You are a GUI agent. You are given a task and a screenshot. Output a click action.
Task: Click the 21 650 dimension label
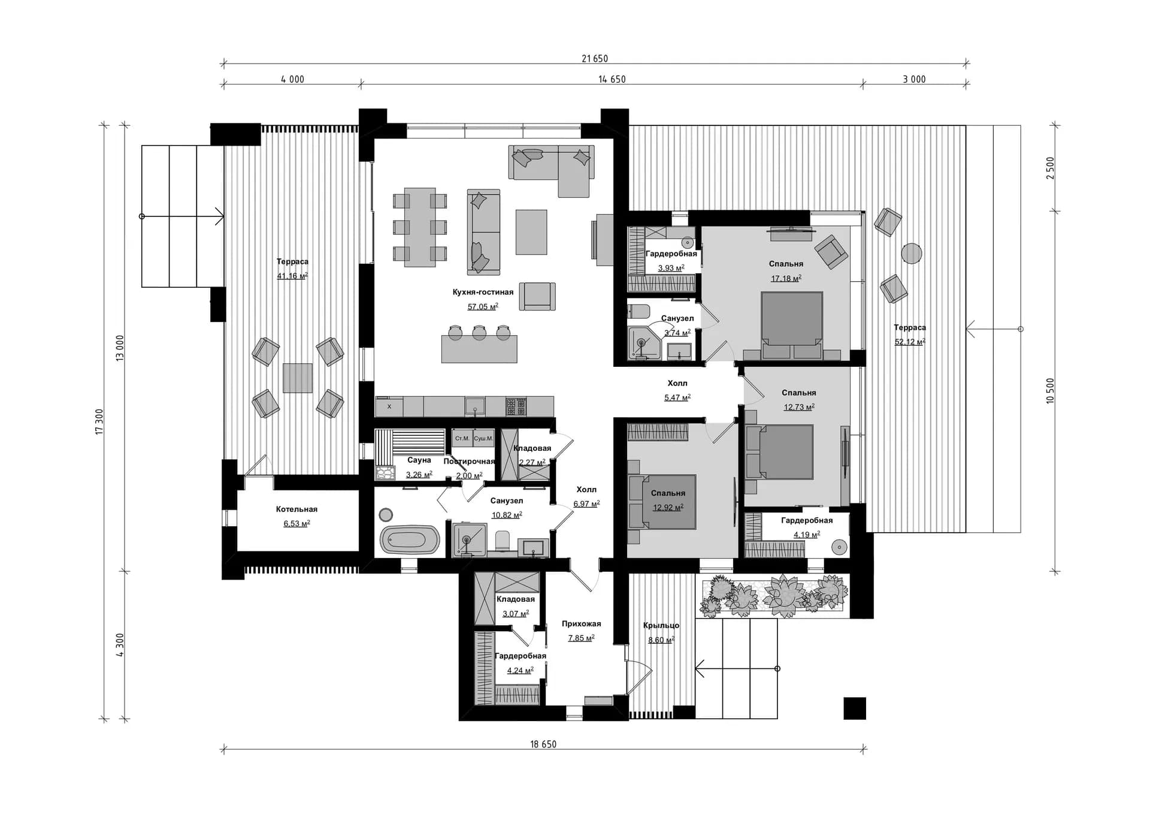(x=594, y=59)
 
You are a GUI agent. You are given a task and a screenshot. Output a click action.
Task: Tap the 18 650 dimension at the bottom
(x=543, y=744)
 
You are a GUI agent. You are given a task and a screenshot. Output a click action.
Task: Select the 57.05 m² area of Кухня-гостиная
(x=482, y=307)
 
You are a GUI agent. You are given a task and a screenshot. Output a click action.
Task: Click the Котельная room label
(x=296, y=509)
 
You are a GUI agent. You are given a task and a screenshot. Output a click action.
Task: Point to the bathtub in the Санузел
(x=410, y=539)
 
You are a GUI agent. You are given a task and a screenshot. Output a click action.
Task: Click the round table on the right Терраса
(x=912, y=254)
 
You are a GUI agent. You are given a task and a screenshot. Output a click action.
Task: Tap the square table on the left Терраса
(x=298, y=378)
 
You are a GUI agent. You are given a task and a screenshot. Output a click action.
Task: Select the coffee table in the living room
(x=531, y=232)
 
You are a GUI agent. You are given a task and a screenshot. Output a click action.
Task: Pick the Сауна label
(x=419, y=460)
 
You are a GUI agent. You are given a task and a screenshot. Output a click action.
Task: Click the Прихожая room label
(x=581, y=624)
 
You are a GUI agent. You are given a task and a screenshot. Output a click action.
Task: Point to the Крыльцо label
(x=661, y=626)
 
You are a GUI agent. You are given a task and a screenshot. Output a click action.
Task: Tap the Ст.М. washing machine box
(x=462, y=438)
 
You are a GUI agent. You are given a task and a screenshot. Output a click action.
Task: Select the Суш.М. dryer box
(x=483, y=438)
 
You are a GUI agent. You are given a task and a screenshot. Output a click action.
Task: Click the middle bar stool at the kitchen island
(x=479, y=333)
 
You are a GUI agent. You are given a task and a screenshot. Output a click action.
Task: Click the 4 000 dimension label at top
(x=292, y=79)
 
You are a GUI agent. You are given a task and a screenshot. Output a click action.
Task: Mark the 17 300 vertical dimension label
(x=100, y=422)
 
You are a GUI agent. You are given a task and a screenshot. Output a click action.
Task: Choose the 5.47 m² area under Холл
(x=677, y=398)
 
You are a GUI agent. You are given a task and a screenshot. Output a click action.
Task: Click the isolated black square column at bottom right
(x=855, y=709)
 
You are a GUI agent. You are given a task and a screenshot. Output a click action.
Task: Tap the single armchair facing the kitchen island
(x=537, y=297)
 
